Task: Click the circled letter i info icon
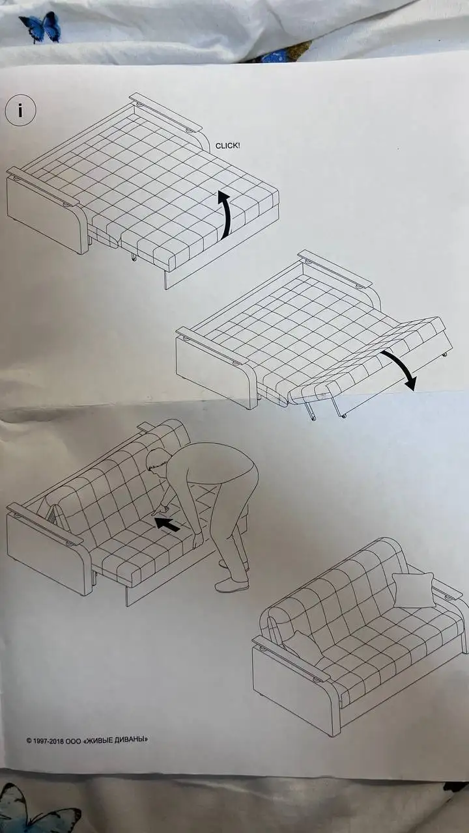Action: (20, 111)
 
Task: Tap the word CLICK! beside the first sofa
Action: (228, 146)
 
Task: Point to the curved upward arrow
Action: (225, 214)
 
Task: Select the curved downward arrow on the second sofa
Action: (399, 368)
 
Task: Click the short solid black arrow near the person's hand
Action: (167, 524)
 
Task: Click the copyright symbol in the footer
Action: (29, 741)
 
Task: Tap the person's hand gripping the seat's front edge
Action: (197, 540)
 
